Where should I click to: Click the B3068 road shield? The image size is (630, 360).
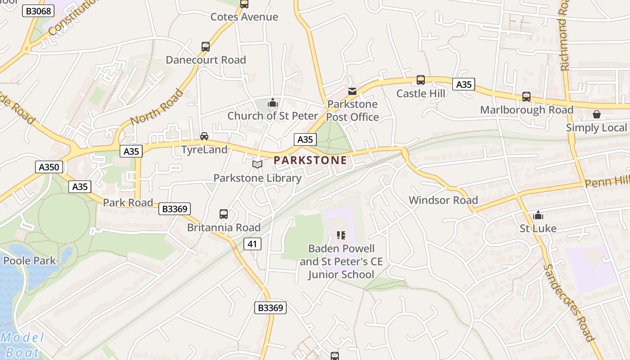(x=38, y=11)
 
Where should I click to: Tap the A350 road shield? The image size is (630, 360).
(x=49, y=167)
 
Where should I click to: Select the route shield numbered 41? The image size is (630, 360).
(x=252, y=244)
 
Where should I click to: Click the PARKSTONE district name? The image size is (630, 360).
(x=310, y=160)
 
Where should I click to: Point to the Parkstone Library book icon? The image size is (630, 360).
(x=257, y=165)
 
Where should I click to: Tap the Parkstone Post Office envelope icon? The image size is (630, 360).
(x=352, y=91)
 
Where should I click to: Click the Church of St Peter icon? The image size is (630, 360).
(x=272, y=103)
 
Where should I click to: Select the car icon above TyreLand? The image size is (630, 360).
(x=204, y=136)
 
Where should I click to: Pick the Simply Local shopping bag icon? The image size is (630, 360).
(x=596, y=114)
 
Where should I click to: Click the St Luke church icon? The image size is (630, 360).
(x=538, y=215)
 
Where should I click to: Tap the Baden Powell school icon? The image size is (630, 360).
(x=341, y=235)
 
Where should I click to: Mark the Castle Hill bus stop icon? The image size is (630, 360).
(x=421, y=80)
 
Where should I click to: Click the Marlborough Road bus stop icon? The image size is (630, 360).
(x=526, y=97)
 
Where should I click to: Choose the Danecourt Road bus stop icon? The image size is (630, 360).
(x=206, y=47)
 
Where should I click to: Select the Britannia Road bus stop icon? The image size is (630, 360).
(x=224, y=214)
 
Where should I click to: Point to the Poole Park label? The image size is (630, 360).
(x=29, y=261)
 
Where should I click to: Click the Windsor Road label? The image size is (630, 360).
(x=443, y=200)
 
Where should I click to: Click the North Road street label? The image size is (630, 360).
(x=157, y=107)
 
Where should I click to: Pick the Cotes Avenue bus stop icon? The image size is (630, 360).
(x=244, y=4)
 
